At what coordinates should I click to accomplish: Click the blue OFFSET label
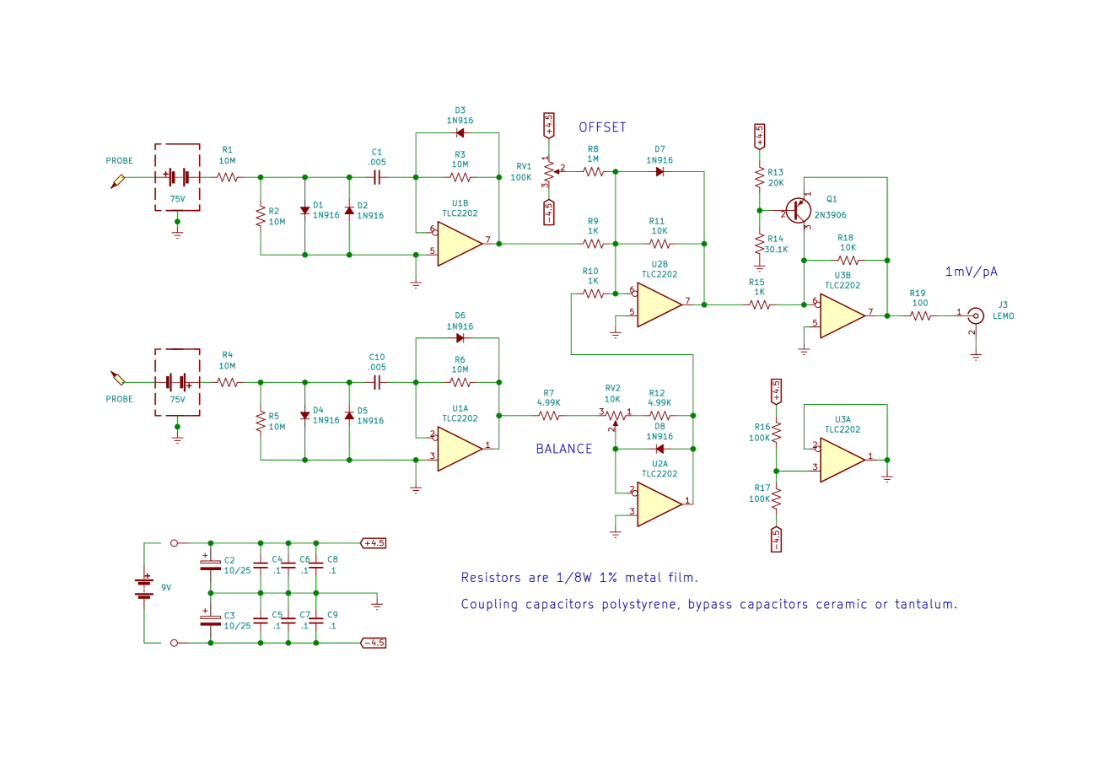coord(602,127)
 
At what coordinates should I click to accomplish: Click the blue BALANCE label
coord(563,449)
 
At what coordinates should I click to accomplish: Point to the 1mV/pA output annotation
coord(971,272)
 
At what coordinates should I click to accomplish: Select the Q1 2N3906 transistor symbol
coord(797,210)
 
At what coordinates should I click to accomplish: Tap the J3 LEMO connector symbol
coord(976,316)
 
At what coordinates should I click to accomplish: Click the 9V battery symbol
coord(144,587)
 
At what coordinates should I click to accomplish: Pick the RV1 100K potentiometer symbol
coord(549,171)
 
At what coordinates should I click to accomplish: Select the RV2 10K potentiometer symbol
coord(614,416)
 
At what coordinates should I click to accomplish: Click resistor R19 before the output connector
coord(919,316)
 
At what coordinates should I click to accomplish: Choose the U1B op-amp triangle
coord(459,244)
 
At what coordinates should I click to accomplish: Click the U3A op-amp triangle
coord(842,460)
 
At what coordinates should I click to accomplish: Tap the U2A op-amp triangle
coord(659,504)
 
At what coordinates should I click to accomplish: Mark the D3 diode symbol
coord(460,132)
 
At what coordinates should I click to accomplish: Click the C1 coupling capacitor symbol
coord(377,177)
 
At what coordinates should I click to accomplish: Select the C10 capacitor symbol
coord(377,382)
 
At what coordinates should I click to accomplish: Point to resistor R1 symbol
coord(227,177)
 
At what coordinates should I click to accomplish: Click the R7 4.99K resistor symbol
coord(549,416)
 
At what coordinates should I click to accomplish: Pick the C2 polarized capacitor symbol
coord(210,564)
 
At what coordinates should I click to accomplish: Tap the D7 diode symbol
coord(659,171)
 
